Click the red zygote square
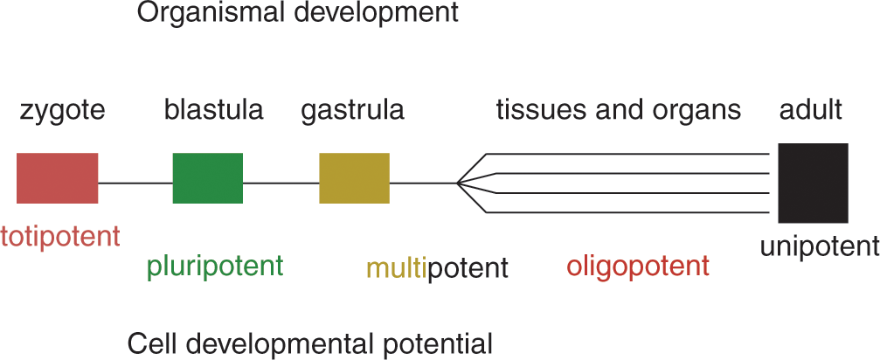(x=58, y=177)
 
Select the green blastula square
(x=208, y=177)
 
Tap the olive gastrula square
(x=354, y=177)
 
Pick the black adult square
(x=813, y=183)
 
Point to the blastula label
(x=214, y=110)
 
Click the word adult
(x=811, y=110)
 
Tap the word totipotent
(x=60, y=237)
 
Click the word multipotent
(x=437, y=268)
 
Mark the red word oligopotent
(x=638, y=267)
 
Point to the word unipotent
(x=820, y=246)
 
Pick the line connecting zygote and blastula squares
(x=135, y=183)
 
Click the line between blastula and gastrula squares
(x=281, y=183)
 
